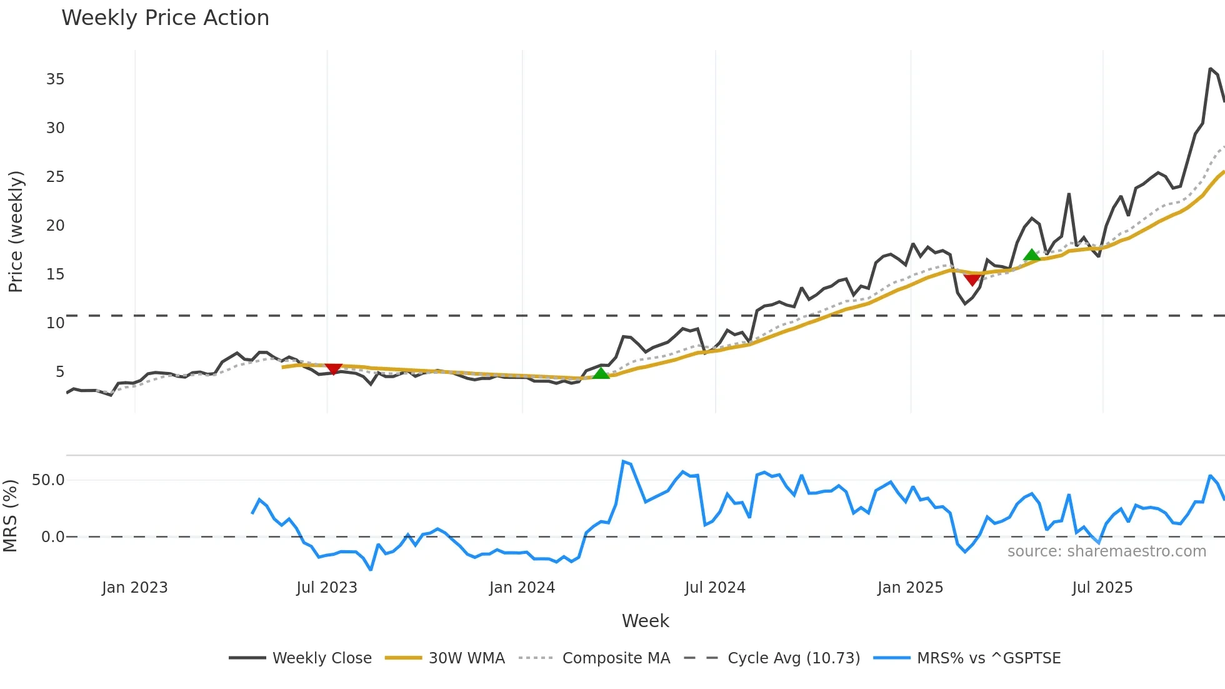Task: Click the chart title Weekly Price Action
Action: [x=165, y=18]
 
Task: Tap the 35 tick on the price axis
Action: [x=55, y=79]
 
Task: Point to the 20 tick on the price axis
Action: [x=55, y=226]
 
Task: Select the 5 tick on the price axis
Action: [x=59, y=372]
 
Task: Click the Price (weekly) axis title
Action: [x=16, y=231]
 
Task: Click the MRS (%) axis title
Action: [x=10, y=516]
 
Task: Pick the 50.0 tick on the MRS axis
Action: [x=48, y=480]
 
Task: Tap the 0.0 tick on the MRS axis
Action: [x=52, y=537]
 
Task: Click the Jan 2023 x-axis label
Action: [x=135, y=588]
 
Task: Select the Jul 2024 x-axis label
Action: [x=715, y=588]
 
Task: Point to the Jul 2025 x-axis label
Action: [x=1102, y=588]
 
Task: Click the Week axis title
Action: [x=645, y=621]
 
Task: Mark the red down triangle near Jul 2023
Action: [x=334, y=369]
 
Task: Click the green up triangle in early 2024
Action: [x=601, y=374]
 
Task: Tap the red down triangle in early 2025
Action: [x=972, y=279]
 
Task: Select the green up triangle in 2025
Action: [x=1032, y=255]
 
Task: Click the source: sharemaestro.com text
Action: [x=1106, y=551]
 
